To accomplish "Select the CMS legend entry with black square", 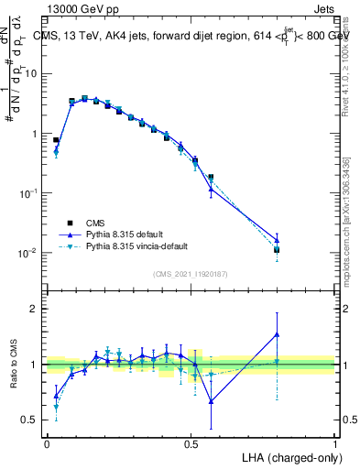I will [95, 221].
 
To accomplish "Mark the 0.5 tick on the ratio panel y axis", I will [31, 420].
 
